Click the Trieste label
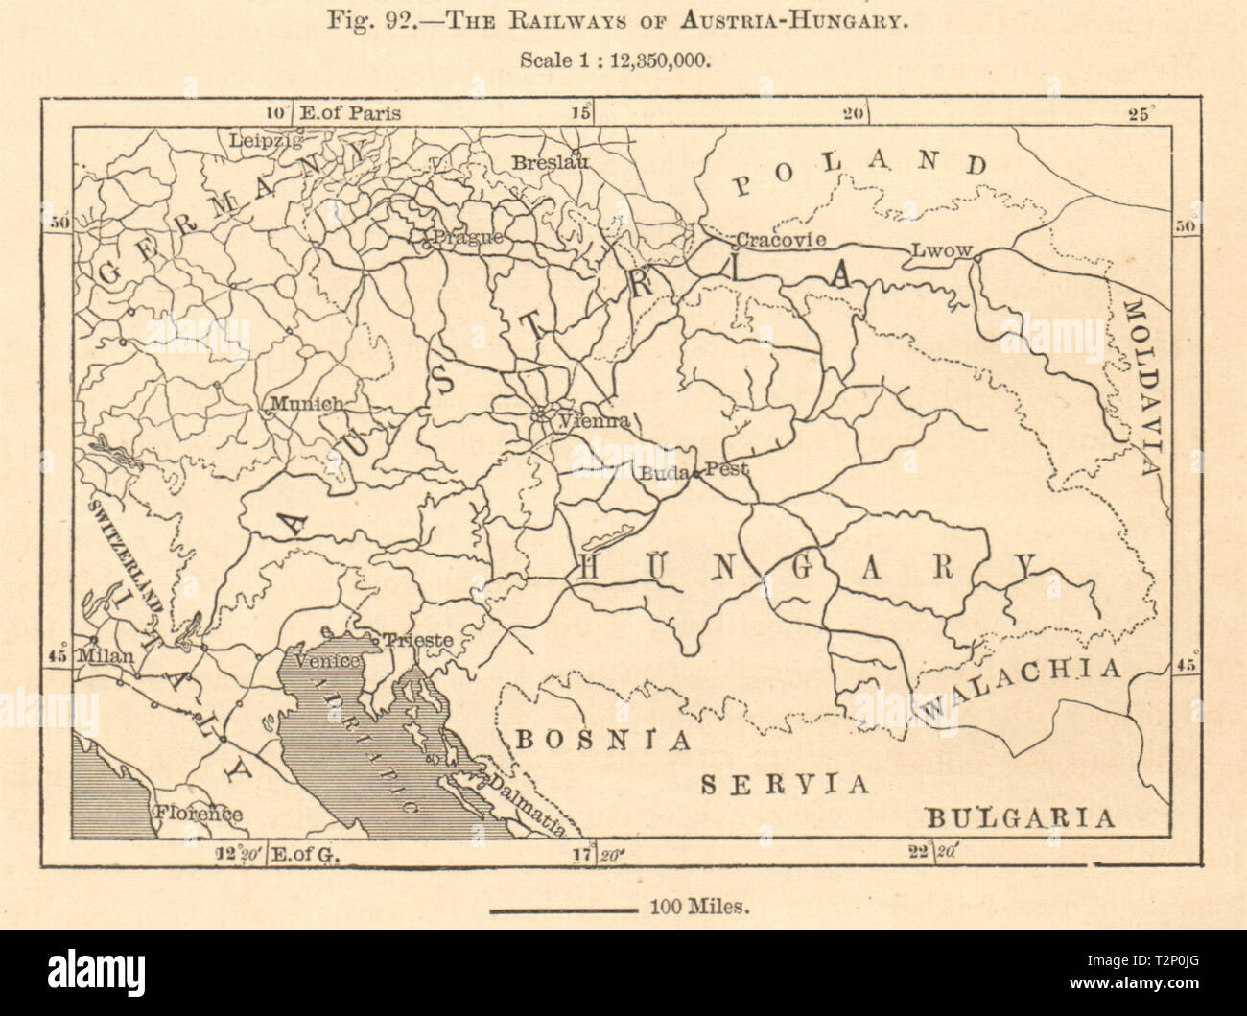coord(417,639)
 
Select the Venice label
coord(327,661)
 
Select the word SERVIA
coord(784,784)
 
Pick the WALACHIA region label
coord(1019,686)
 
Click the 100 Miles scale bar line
coord(563,904)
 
